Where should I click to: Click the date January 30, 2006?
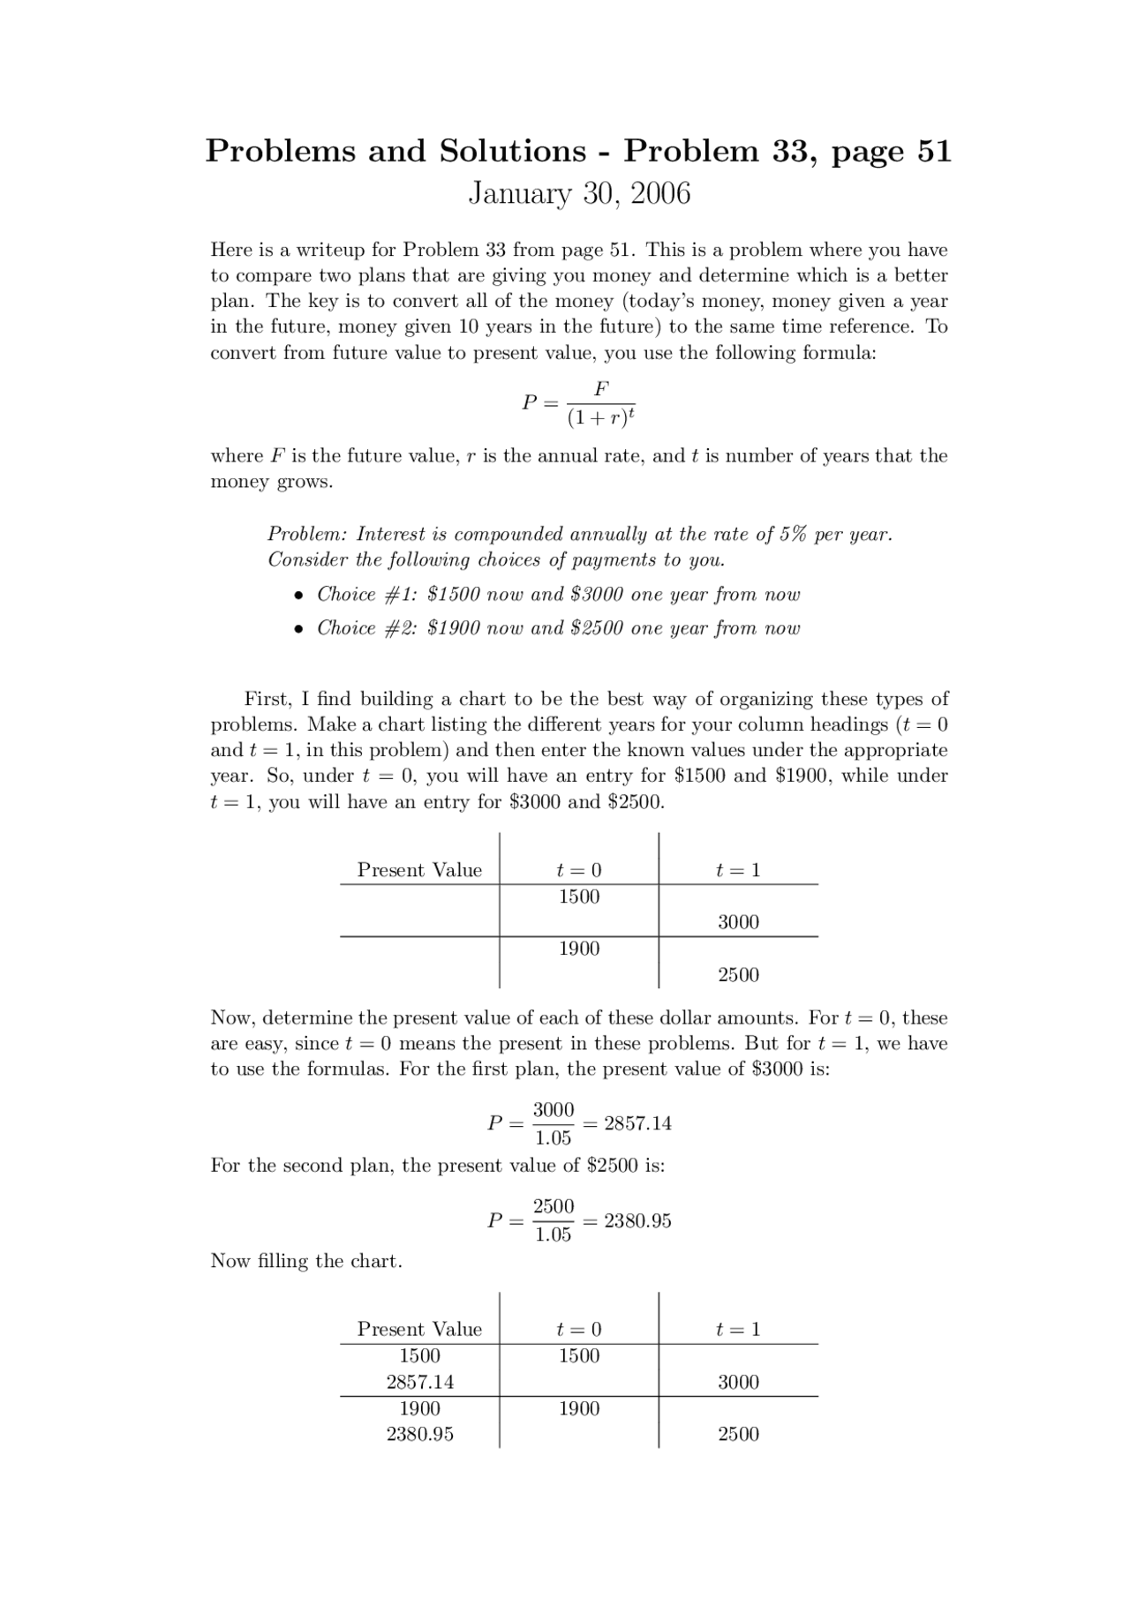coord(578,193)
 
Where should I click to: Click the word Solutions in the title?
coord(512,151)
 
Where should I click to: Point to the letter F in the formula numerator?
coord(601,388)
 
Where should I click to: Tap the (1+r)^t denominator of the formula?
coord(601,417)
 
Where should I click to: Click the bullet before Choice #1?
coord(300,596)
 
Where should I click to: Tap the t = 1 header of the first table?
coord(738,871)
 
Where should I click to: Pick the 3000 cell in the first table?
coord(738,922)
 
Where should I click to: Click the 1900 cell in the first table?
coord(579,949)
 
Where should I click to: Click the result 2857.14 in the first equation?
coord(637,1123)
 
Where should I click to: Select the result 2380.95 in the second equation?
coord(637,1221)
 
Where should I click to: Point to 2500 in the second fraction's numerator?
coord(554,1206)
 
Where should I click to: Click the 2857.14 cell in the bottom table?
coord(419,1383)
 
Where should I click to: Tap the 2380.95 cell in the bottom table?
coord(419,1434)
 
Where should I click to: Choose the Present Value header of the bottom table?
coord(419,1330)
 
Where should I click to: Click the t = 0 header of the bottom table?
coord(579,1330)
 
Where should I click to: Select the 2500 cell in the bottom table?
coord(738,1434)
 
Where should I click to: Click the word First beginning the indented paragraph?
coord(267,700)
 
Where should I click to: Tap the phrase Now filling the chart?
coord(306,1261)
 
